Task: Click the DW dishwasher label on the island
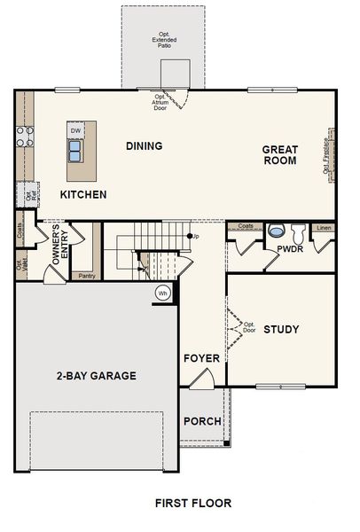coord(76,131)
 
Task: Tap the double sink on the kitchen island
coord(76,152)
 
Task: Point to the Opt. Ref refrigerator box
coord(27,194)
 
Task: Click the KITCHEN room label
coord(83,194)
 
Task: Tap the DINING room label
coord(144,146)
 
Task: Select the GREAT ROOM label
coord(280,155)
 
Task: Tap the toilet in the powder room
coord(298,232)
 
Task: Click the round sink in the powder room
coord(276,230)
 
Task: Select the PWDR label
coord(290,250)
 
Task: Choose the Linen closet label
coord(324,227)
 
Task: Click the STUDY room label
coord(281,330)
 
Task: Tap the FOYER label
coord(201,358)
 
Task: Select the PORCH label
coord(202,420)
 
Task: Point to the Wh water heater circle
coord(162,293)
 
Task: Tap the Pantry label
coord(87,276)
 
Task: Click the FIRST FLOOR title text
coord(192,503)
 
